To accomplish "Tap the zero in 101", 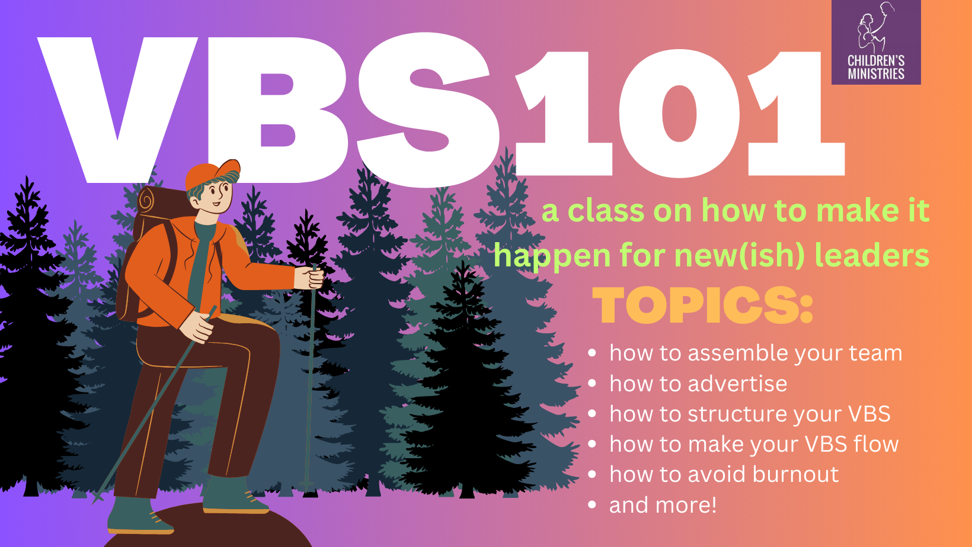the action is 680,113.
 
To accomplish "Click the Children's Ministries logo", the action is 876,42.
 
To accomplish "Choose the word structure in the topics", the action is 760,413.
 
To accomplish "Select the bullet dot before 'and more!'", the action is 592,505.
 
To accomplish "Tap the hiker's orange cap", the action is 213,174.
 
